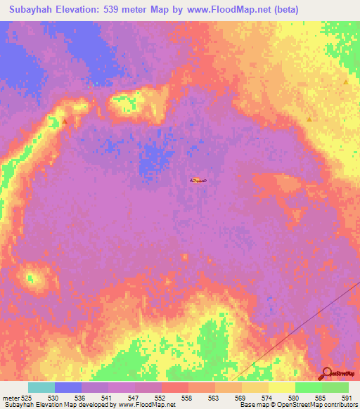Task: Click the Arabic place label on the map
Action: pos(197,180)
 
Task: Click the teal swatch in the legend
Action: pos(41,387)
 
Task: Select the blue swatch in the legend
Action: pos(68,387)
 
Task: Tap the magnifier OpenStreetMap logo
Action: pos(326,374)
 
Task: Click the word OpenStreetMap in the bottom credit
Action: pos(295,405)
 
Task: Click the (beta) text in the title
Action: pos(286,10)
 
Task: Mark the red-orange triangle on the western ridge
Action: pos(65,121)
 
